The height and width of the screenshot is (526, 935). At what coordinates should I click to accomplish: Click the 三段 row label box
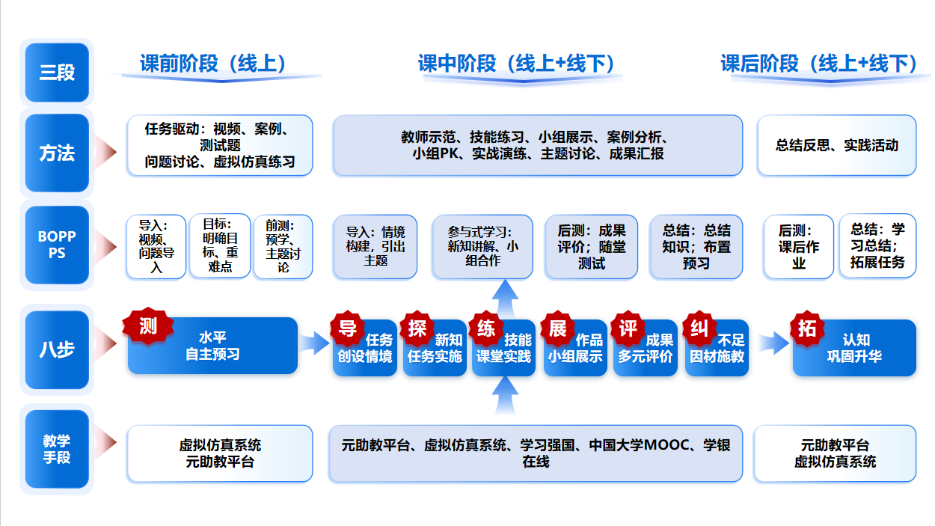pos(57,73)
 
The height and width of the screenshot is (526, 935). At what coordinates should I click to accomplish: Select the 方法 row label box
pos(57,153)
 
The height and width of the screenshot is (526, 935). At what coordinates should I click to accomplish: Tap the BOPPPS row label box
pos(57,245)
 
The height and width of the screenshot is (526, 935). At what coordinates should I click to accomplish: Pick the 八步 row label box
pos(57,349)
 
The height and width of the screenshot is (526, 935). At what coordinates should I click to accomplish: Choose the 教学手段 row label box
pos(57,449)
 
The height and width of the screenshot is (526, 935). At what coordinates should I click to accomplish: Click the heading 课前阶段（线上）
pos(213,64)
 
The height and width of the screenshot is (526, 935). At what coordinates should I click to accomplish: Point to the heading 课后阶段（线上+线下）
pos(819,64)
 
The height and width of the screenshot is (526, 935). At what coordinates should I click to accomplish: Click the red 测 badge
pos(148,325)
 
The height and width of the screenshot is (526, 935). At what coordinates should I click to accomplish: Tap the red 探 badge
pos(417,328)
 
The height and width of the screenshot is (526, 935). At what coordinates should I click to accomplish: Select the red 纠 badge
pos(699,328)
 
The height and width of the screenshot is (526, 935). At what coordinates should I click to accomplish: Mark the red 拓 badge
pos(807,328)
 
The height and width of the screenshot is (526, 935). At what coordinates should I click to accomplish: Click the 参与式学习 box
pos(482,247)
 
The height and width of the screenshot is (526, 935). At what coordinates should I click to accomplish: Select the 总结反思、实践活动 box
pos(836,145)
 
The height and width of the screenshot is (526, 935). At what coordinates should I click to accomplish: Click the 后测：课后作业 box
pos(798,247)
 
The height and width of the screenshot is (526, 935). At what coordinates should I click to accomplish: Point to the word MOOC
pos(669,445)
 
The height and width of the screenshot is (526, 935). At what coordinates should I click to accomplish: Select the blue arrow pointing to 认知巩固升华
pos(773,343)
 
